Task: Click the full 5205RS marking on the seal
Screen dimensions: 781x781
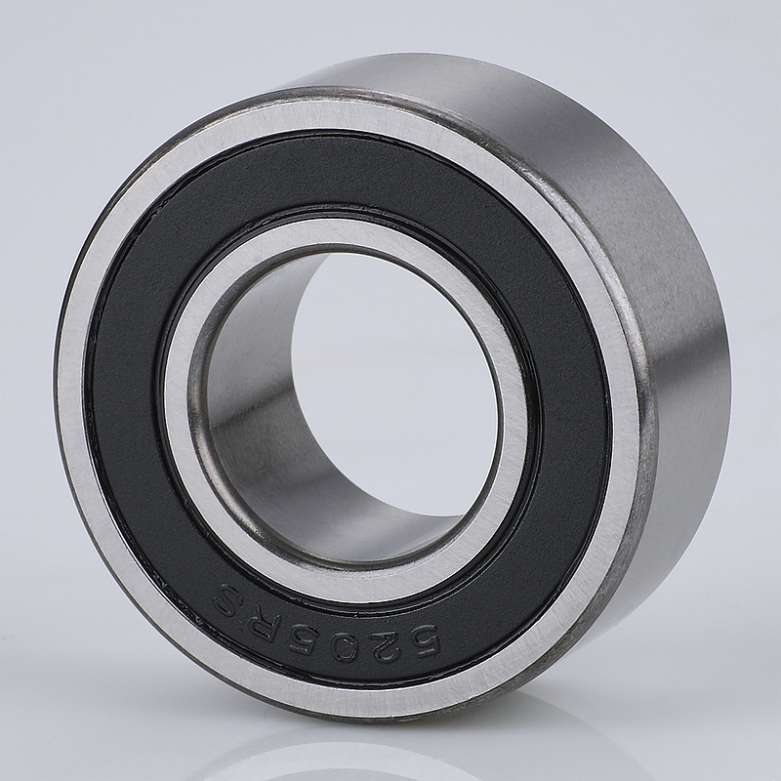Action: (x=326, y=624)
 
